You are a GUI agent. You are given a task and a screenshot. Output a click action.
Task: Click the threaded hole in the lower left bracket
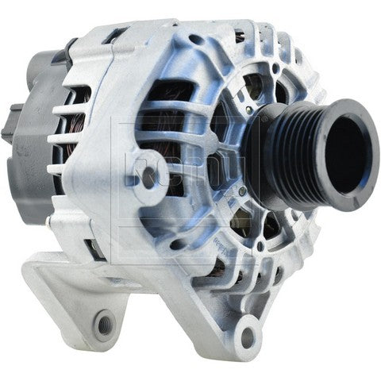tap(103, 322)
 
